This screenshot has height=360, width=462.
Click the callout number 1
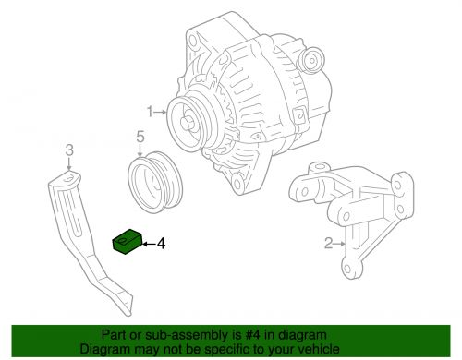[x=148, y=112]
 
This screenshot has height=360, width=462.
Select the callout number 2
[x=327, y=245]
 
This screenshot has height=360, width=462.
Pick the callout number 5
[x=140, y=138]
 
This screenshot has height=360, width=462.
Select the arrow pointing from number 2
[x=339, y=245]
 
